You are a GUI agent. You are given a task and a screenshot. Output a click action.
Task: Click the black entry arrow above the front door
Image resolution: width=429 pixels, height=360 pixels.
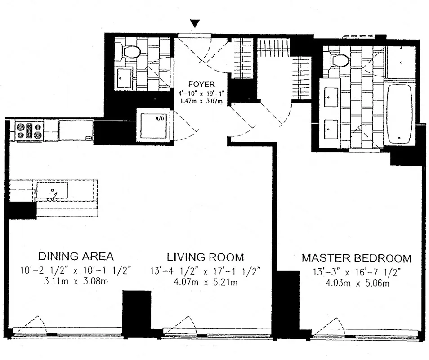195,23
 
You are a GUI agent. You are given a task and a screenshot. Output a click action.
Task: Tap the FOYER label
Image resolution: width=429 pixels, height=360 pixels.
201,84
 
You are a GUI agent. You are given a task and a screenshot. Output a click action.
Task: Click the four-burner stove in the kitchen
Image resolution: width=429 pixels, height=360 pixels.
29,131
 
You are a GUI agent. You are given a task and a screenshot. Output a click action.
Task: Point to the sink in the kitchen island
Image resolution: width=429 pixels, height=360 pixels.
52,191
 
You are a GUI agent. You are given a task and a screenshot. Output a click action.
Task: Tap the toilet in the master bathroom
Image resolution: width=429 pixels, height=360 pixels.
340,59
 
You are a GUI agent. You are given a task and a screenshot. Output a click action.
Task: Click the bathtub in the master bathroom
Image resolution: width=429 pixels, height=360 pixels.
400,112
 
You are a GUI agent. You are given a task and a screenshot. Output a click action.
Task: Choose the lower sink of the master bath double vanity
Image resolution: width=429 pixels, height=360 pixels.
331,129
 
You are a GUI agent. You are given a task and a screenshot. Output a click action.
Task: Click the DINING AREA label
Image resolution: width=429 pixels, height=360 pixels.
76,256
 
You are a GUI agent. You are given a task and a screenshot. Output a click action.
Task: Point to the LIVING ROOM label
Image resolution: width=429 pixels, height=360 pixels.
206,257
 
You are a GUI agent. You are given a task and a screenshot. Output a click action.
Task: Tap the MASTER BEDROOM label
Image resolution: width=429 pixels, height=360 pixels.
356,258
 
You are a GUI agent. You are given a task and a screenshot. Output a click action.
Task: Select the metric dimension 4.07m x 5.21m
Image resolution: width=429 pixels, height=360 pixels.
206,283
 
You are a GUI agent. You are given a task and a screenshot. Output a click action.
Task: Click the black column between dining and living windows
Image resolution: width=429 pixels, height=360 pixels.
136,313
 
